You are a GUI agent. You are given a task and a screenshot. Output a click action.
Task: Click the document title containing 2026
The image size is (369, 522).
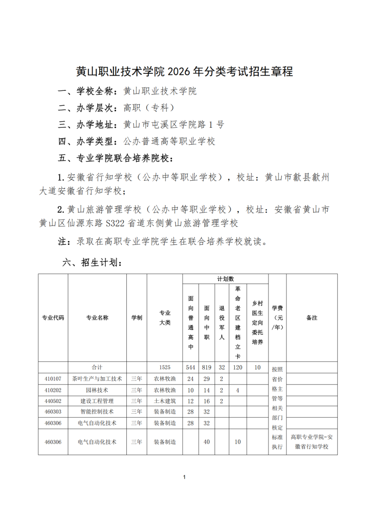[x=184, y=72]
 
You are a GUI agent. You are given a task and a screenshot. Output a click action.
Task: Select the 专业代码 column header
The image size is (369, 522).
[x=53, y=318]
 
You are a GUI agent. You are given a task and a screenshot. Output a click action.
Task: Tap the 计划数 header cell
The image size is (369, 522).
[x=226, y=279]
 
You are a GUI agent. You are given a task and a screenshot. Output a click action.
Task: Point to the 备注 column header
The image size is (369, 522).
[x=312, y=318]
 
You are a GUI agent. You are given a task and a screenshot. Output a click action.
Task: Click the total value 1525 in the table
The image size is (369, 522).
[x=165, y=368]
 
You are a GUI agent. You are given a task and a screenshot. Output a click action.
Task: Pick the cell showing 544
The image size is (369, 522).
[x=190, y=368]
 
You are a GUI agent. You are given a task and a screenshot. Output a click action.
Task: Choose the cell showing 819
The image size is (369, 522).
[x=207, y=368]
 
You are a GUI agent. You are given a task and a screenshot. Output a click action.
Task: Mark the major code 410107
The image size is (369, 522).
[x=53, y=379]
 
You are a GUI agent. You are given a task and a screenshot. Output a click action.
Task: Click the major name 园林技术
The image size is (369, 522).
[x=97, y=390]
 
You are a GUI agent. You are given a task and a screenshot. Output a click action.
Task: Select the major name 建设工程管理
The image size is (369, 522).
[x=97, y=401]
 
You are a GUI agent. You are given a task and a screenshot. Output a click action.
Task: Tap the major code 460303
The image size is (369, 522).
[x=53, y=411]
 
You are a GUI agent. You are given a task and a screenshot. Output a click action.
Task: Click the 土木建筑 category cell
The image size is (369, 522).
[x=165, y=401]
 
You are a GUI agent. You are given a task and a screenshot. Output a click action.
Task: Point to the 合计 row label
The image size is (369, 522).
[x=97, y=368]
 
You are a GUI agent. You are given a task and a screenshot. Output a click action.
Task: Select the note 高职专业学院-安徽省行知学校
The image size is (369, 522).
[x=312, y=442]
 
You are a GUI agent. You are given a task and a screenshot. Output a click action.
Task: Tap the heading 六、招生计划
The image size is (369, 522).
[x=92, y=263]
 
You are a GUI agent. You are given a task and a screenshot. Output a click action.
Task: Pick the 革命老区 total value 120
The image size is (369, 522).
[x=238, y=368]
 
